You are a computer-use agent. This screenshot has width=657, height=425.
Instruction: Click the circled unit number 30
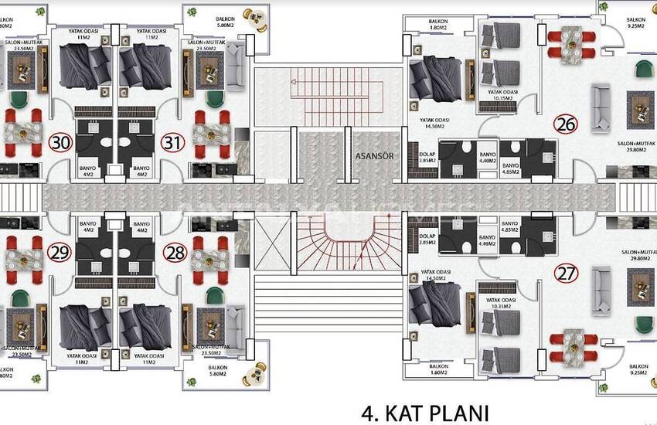pyautogui.click(x=60, y=144)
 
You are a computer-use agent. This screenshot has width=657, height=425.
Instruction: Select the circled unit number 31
pyautogui.click(x=172, y=144)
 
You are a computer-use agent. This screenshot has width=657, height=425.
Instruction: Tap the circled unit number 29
pyautogui.click(x=59, y=252)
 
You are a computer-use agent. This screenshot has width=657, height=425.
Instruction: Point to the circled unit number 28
pyautogui.click(x=175, y=252)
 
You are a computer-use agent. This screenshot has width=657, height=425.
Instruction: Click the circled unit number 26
pyautogui.click(x=566, y=124)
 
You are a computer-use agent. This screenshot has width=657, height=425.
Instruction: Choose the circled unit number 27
pyautogui.click(x=567, y=271)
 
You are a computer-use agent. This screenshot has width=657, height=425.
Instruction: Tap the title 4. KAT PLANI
pyautogui.click(x=426, y=410)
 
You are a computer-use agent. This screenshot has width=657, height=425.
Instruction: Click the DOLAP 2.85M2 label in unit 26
pyautogui.click(x=427, y=157)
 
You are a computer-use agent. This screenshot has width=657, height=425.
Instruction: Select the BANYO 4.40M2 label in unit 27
pyautogui.click(x=487, y=241)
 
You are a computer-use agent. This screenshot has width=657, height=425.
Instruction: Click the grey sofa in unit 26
pyautogui.click(x=600, y=107)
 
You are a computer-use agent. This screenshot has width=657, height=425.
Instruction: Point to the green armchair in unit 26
pyautogui.click(x=643, y=70)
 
